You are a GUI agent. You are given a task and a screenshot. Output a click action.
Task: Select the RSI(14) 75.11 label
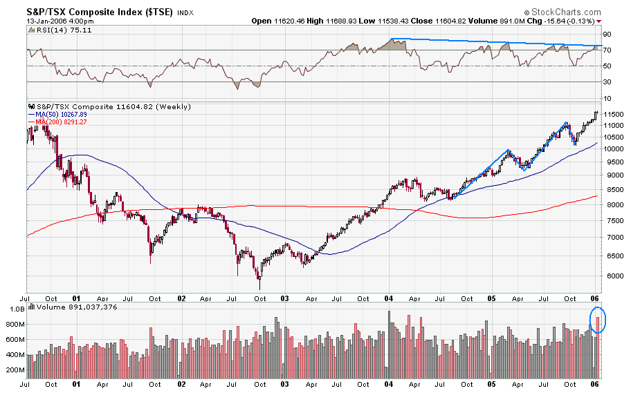(60, 32)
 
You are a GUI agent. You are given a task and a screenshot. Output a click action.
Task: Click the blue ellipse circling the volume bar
(598, 320)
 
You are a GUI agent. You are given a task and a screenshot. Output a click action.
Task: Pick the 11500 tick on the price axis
(614, 114)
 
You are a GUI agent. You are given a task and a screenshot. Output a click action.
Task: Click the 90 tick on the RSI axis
(607, 34)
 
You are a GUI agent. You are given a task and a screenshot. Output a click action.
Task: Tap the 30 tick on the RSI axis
(607, 82)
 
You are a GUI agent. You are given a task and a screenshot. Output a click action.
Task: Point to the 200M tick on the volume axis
(15, 370)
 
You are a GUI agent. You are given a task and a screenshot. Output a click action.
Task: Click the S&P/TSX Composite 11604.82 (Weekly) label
(97, 106)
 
